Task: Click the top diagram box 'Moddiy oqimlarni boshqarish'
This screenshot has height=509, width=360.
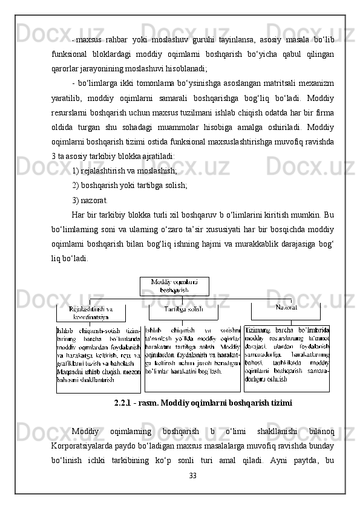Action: (x=174, y=286)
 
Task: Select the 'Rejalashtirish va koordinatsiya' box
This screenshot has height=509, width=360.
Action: (x=91, y=313)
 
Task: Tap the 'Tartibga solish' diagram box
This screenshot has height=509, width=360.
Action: (x=183, y=310)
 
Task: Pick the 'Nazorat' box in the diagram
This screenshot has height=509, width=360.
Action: (x=286, y=308)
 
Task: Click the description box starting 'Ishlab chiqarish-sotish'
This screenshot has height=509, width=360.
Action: (x=99, y=359)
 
